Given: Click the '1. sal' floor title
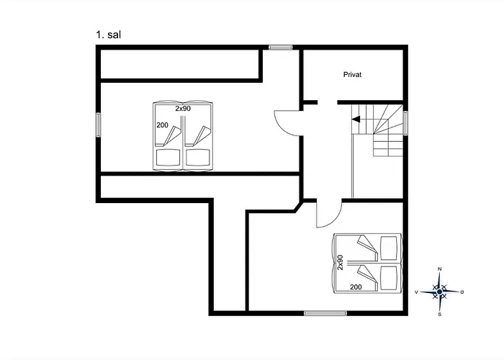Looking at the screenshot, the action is pyautogui.click(x=108, y=35).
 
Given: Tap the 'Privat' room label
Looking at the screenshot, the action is pyautogui.click(x=352, y=75).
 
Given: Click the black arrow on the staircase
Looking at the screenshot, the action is pyautogui.click(x=356, y=120).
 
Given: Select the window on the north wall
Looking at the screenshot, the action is pyautogui.click(x=281, y=47).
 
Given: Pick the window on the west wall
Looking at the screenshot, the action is pyautogui.click(x=99, y=125).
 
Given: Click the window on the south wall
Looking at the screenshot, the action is pyautogui.click(x=325, y=313).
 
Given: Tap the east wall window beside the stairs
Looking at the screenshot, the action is pyautogui.click(x=405, y=123).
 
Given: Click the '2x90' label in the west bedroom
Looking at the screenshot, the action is pyautogui.click(x=183, y=109).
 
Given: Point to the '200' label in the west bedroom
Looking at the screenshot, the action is pyautogui.click(x=162, y=125).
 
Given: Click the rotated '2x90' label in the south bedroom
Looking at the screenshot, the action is pyautogui.click(x=340, y=262).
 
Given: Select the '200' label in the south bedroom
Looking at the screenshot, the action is pyautogui.click(x=356, y=287).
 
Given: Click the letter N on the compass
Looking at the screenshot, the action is pyautogui.click(x=440, y=269).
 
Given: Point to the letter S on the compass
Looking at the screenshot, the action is pyautogui.click(x=440, y=314).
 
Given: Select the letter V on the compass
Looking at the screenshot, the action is pyautogui.click(x=417, y=292).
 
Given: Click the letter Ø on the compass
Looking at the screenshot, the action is pyautogui.click(x=462, y=292).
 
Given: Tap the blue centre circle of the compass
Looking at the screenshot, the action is pyautogui.click(x=439, y=292).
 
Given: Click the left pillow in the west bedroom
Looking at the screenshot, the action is pyautogui.click(x=168, y=158).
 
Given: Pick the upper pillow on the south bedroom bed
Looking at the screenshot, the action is pyautogui.click(x=388, y=248).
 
